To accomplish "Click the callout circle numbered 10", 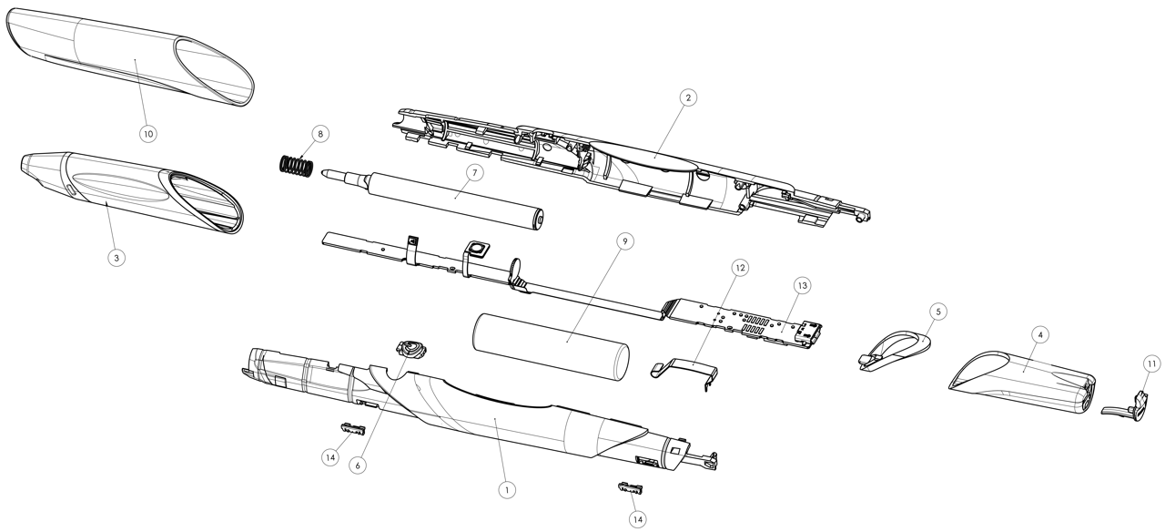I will pos(148,133).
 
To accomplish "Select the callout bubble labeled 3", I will pos(116,258).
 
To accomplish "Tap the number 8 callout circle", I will pos(319,134).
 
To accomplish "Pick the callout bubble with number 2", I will pos(688,97).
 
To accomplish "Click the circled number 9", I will pos(623,242).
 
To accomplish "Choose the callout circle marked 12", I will pos(739,268).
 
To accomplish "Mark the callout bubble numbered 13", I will pos(802,285).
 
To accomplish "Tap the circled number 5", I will pos(938,311).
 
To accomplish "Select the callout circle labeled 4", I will pos(1041,334).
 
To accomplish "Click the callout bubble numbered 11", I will pos(1151,363).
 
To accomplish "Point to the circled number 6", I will pos(359,464).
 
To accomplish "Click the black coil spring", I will pos(296,168).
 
